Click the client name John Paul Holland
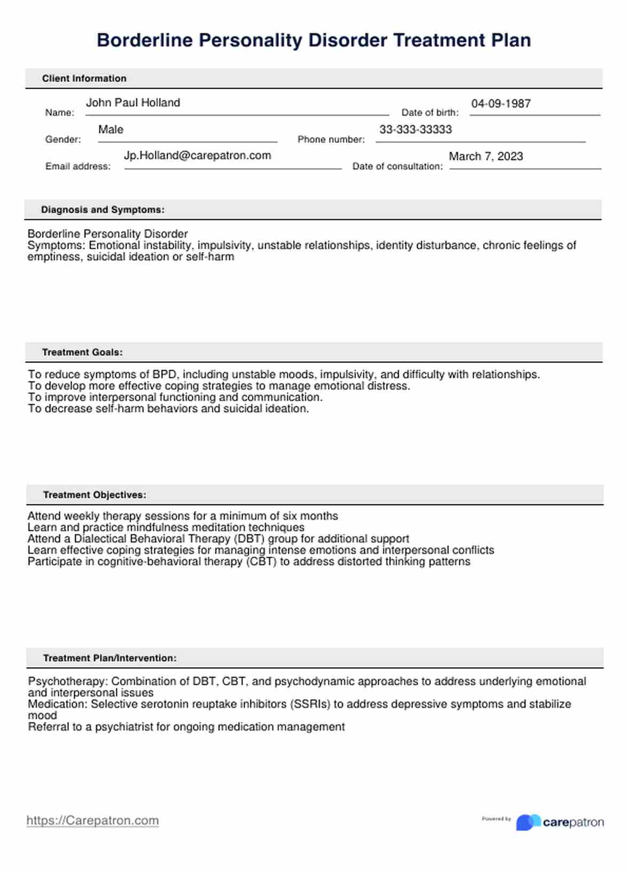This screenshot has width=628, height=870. [x=133, y=103]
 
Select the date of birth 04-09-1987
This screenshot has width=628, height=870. [x=501, y=104]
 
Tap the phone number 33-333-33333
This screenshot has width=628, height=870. [x=415, y=130]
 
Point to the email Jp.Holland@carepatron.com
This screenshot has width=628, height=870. [x=198, y=156]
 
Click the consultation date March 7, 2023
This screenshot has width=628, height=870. [x=486, y=157]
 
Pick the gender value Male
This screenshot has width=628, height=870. [x=111, y=130]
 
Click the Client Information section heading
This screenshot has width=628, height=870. [x=84, y=78]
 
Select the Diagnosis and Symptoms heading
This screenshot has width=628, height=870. [x=103, y=210]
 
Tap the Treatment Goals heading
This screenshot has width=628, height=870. [x=82, y=352]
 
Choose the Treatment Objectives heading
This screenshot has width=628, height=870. [x=95, y=495]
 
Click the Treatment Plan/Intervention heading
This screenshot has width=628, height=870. [x=109, y=658]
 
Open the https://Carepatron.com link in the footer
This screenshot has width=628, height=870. [x=92, y=821]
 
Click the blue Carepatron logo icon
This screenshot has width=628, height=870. [x=527, y=822]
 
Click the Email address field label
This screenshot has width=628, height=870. [x=78, y=167]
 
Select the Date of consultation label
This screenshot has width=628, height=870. [x=397, y=167]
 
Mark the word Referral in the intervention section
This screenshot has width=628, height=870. [x=48, y=727]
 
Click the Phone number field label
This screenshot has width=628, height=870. [x=331, y=140]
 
